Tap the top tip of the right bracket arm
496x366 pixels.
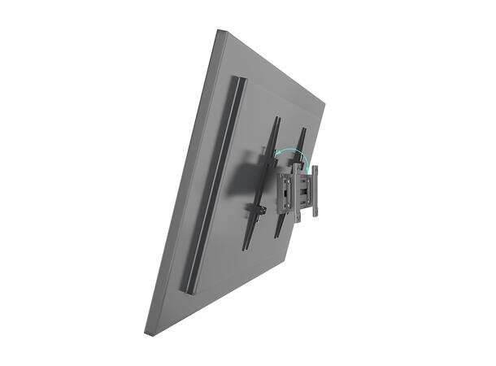click(x=302, y=129)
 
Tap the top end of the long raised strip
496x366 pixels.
click(x=238, y=79)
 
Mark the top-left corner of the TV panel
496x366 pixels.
click(x=220, y=31)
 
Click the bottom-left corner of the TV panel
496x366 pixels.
click(x=146, y=332)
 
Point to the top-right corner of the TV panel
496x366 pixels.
click(x=324, y=103)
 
